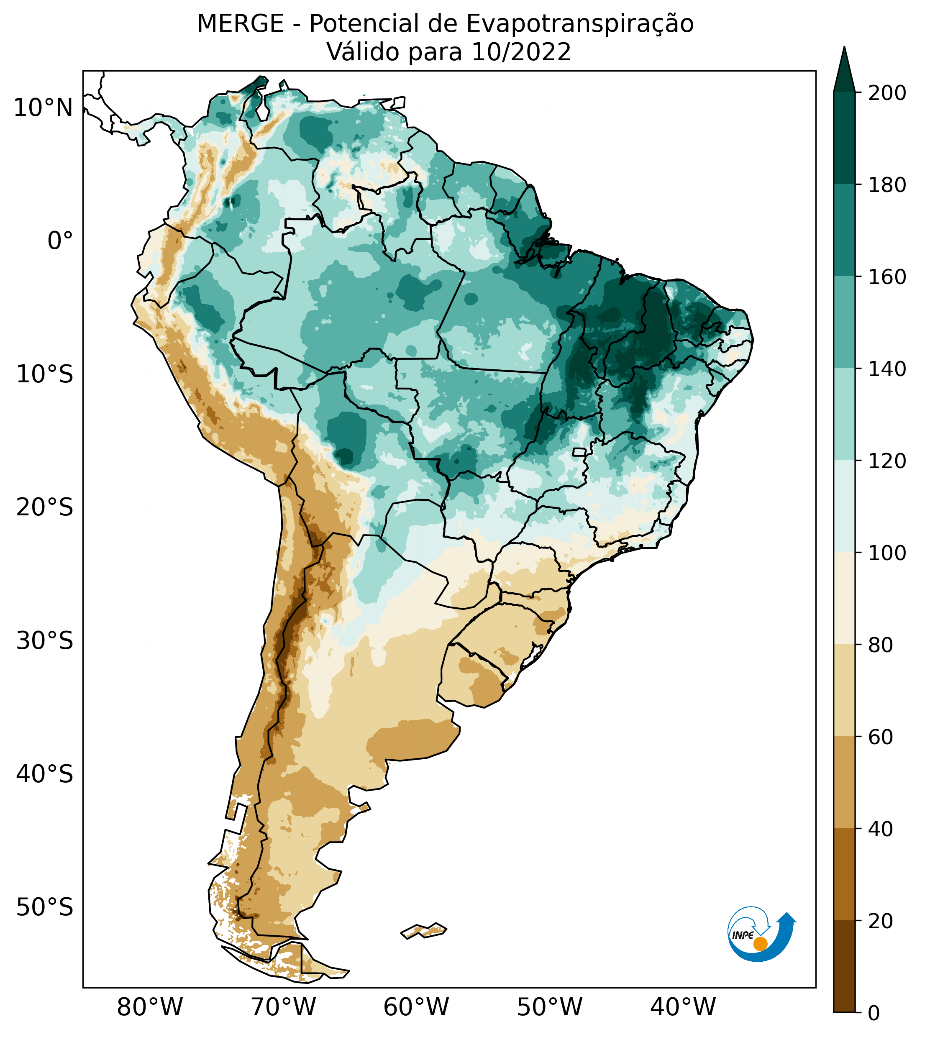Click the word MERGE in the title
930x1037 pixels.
[x=240, y=24]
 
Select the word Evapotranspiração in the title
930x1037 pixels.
[x=580, y=24]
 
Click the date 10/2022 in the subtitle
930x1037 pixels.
[x=521, y=52]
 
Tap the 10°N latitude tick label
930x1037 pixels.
[x=43, y=108]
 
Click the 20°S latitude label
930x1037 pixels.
[x=45, y=508]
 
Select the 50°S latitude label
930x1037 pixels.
[x=45, y=908]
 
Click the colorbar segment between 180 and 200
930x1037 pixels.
[x=844, y=138]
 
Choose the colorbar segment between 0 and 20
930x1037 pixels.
[x=844, y=966]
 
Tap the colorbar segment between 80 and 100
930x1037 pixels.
[x=844, y=598]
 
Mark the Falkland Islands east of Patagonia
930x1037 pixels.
[x=424, y=931]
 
